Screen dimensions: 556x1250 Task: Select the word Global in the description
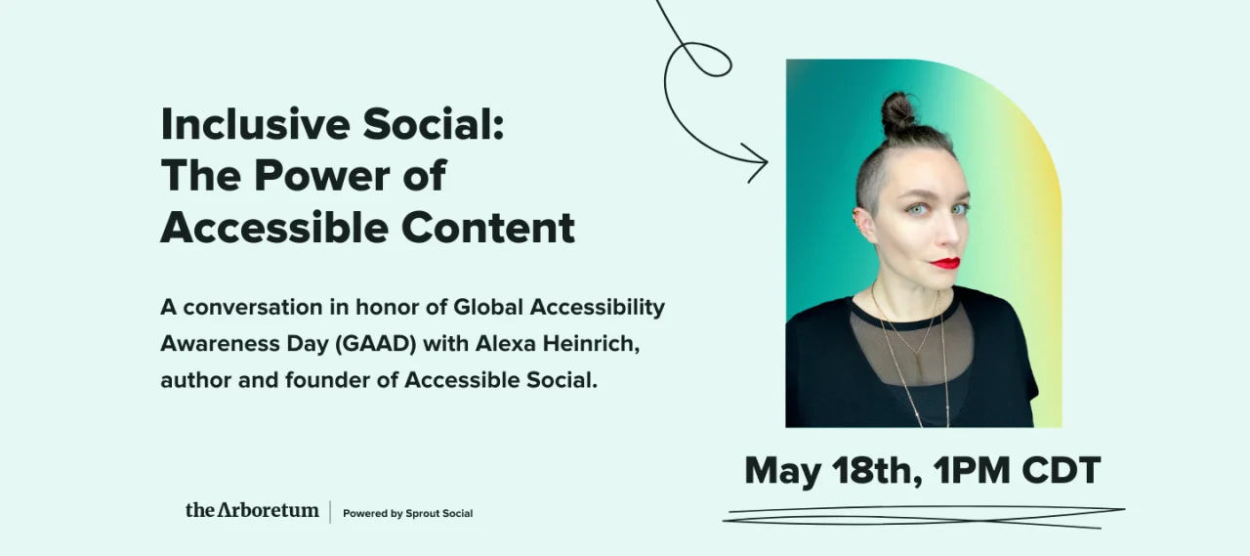coord(490,307)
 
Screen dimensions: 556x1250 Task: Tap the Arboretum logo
coord(252,510)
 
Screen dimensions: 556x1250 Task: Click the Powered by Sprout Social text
coord(407,513)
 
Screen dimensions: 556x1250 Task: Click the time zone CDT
coord(1061,471)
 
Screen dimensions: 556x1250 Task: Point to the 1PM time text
coord(973,471)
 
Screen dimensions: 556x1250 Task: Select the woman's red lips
coord(944,263)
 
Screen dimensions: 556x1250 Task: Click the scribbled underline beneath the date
coord(923,516)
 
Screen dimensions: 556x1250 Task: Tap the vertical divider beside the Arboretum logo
coord(330,511)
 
